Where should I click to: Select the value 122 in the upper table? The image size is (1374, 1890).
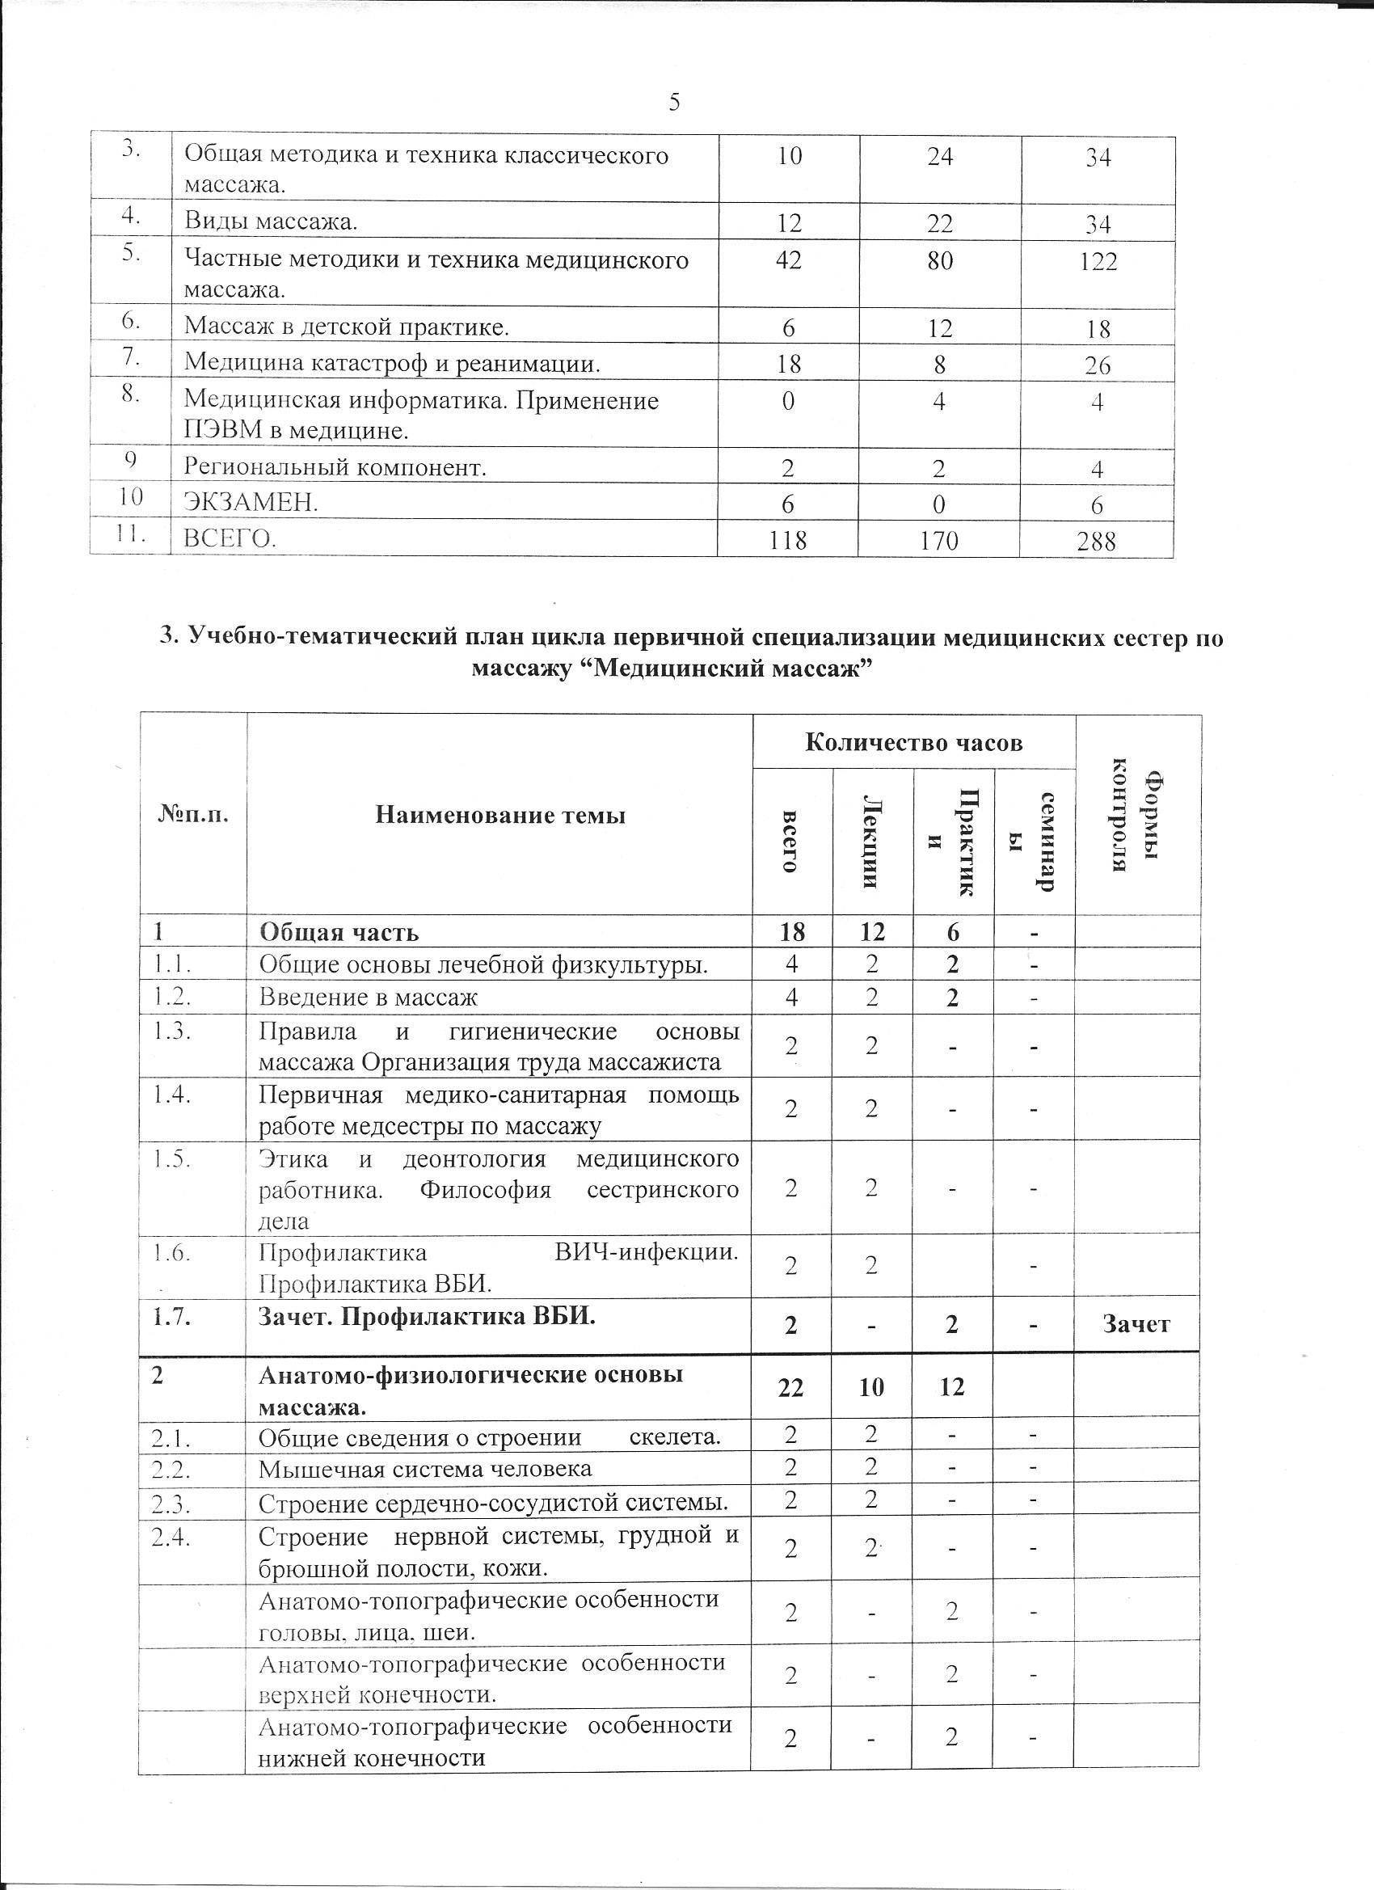click(1098, 262)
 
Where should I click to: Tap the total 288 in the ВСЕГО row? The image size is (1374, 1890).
click(1096, 542)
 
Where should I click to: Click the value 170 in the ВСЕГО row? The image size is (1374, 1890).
click(939, 542)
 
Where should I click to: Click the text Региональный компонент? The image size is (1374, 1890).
click(335, 467)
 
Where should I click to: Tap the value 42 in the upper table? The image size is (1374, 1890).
click(788, 260)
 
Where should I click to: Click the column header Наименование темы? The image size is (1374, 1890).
click(500, 814)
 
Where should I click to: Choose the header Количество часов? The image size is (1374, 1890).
click(913, 742)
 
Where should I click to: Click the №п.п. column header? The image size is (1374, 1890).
click(192, 814)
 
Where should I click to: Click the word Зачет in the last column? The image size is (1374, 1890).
click(1136, 1324)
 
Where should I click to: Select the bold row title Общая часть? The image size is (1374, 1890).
click(339, 932)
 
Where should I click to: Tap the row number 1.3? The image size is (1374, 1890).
click(171, 1031)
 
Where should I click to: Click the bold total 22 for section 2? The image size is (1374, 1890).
click(790, 1387)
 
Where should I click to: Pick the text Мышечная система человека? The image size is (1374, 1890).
click(425, 1468)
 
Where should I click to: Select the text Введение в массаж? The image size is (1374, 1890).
click(369, 998)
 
